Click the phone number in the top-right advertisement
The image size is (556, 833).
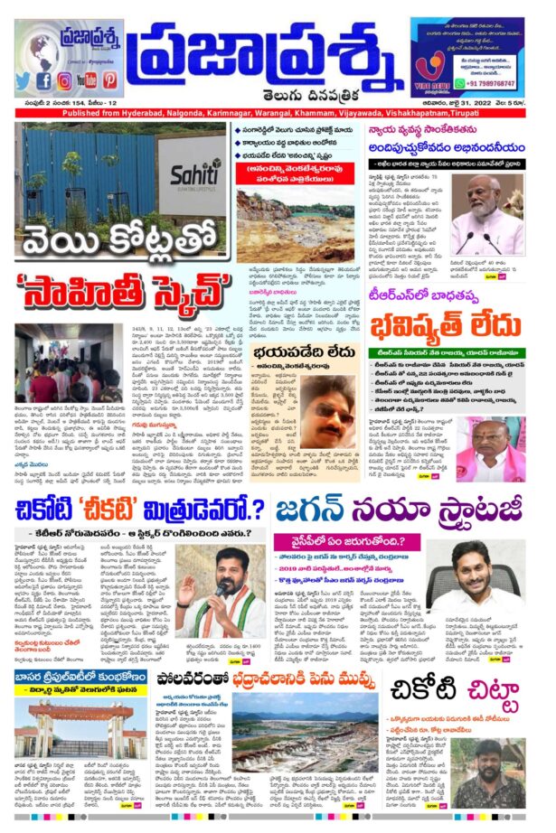[490, 83]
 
